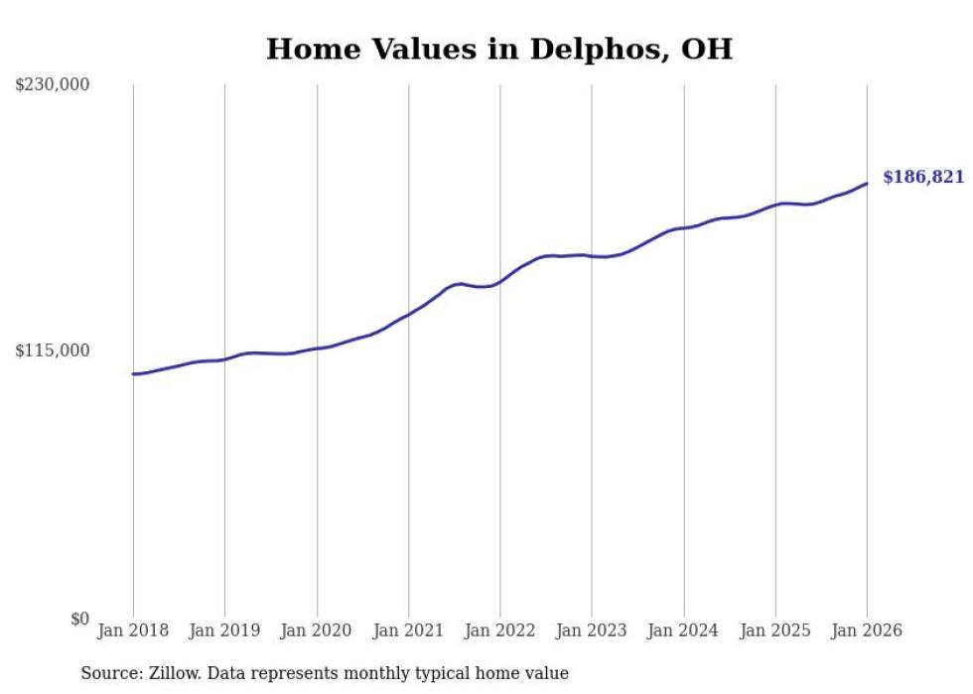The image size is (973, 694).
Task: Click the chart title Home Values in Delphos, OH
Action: click(x=499, y=50)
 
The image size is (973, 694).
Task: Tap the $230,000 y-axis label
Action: click(x=52, y=85)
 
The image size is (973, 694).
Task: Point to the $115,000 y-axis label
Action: click(x=52, y=350)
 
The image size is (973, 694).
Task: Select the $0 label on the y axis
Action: click(x=79, y=619)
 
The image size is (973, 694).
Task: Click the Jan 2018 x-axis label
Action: click(x=133, y=630)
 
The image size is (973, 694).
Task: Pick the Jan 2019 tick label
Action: click(x=224, y=630)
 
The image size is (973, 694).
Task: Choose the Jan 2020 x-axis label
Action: click(x=317, y=630)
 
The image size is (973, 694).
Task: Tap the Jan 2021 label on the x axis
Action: click(x=408, y=630)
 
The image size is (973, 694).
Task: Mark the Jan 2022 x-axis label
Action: click(x=499, y=630)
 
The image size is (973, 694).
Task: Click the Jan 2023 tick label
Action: click(x=592, y=630)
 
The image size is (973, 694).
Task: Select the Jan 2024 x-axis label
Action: click(x=683, y=630)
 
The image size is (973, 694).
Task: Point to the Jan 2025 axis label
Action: click(x=775, y=630)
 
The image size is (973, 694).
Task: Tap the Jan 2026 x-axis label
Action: click(x=867, y=630)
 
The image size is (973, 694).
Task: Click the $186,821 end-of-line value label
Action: click(x=923, y=178)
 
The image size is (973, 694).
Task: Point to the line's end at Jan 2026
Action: click(x=867, y=184)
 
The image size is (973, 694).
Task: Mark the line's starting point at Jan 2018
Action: click(x=133, y=374)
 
